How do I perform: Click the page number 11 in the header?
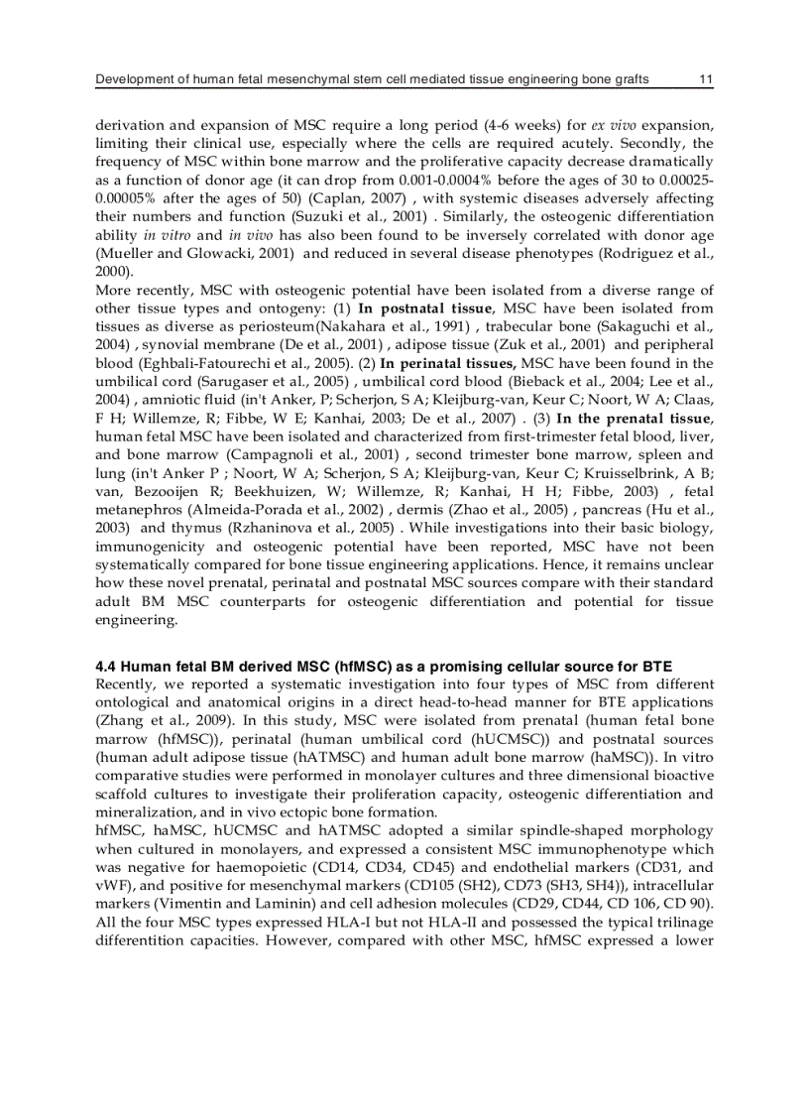coord(705,79)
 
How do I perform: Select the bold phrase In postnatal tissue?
coord(426,308)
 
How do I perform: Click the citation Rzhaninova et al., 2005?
coord(322,528)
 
